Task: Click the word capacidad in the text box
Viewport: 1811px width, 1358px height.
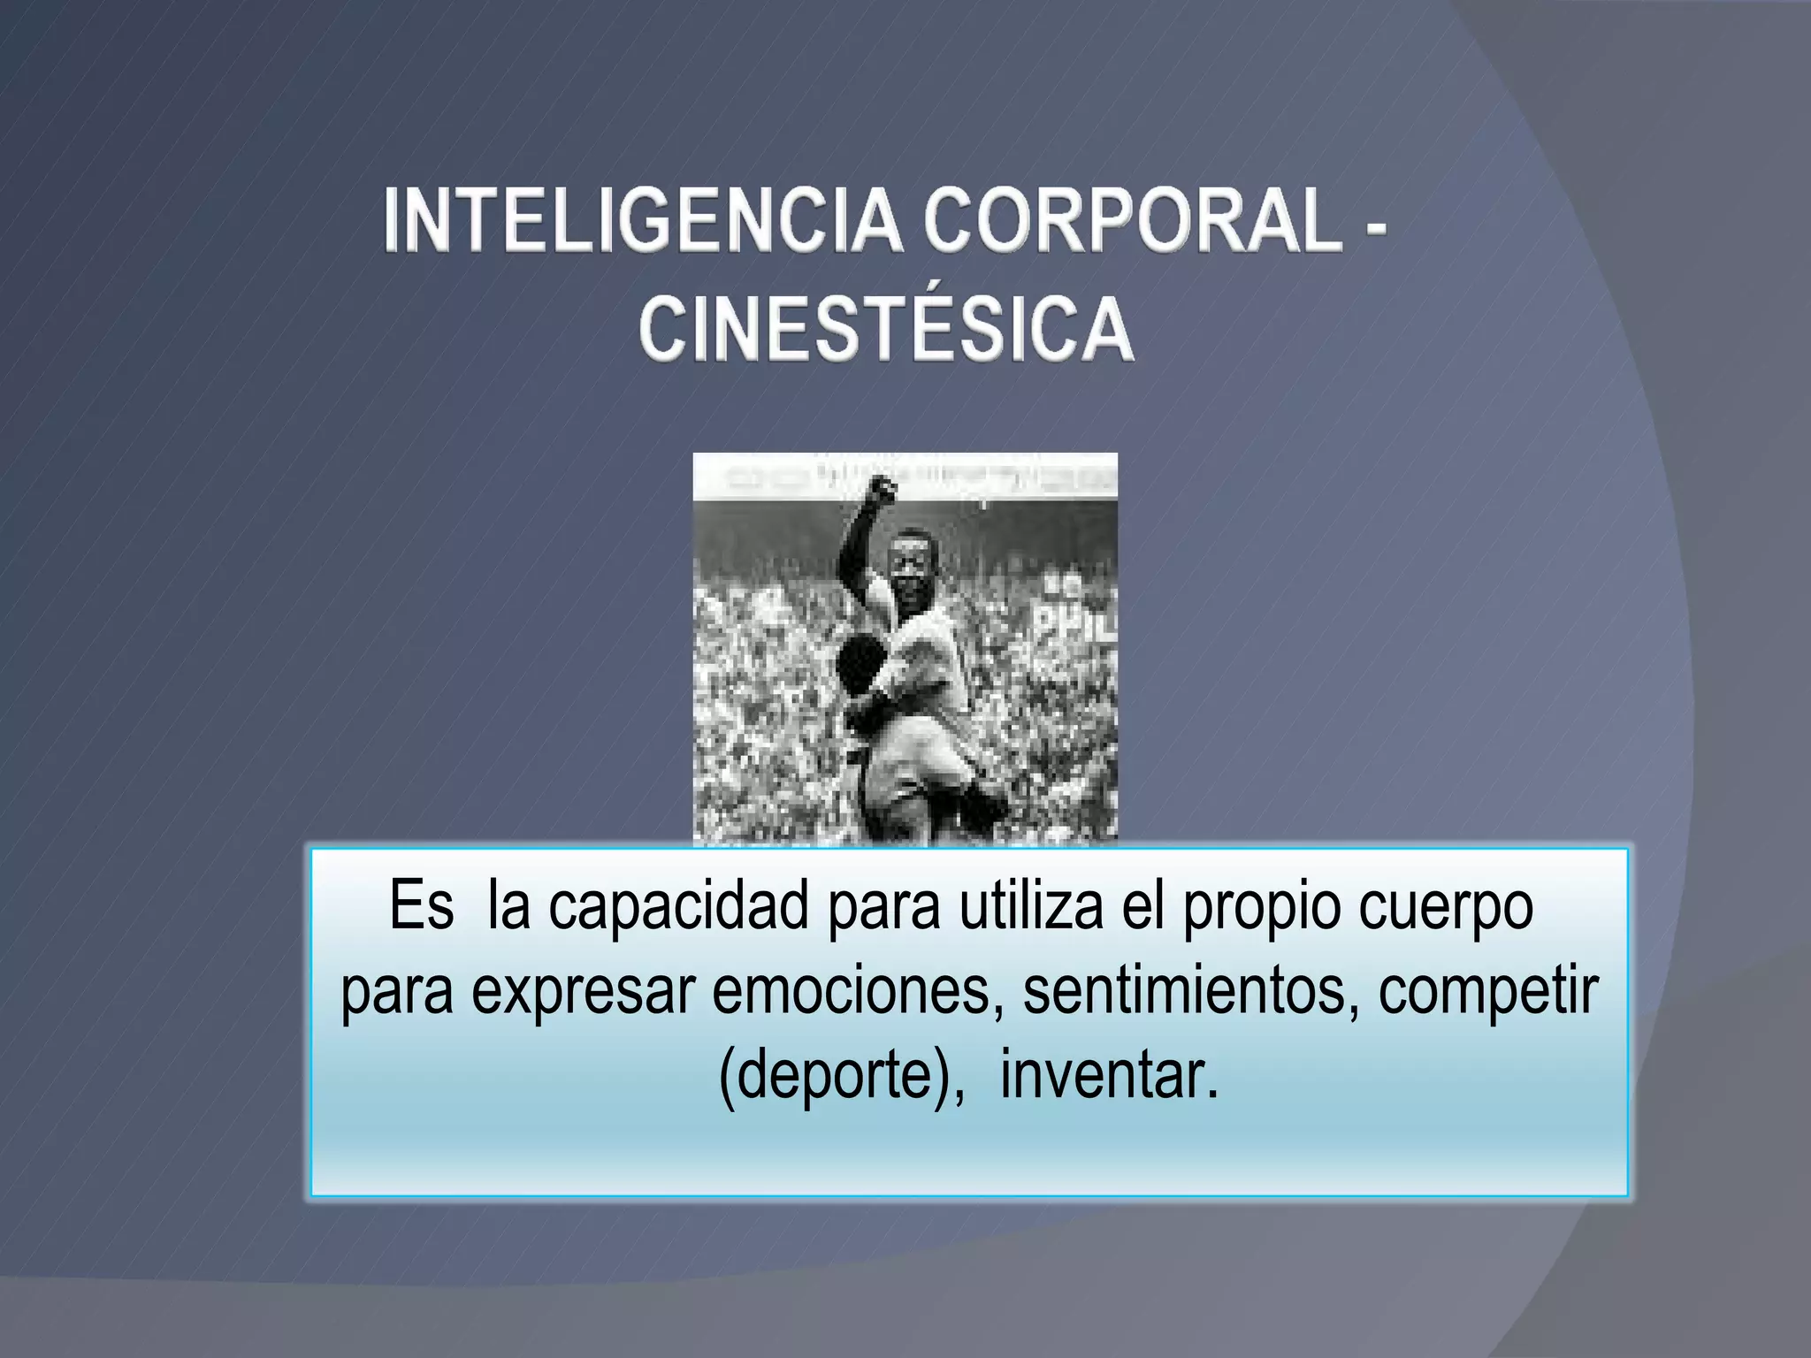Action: [x=678, y=906]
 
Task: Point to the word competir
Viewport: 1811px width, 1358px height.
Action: [x=1487, y=992]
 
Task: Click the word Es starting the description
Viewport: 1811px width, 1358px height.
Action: [x=421, y=906]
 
